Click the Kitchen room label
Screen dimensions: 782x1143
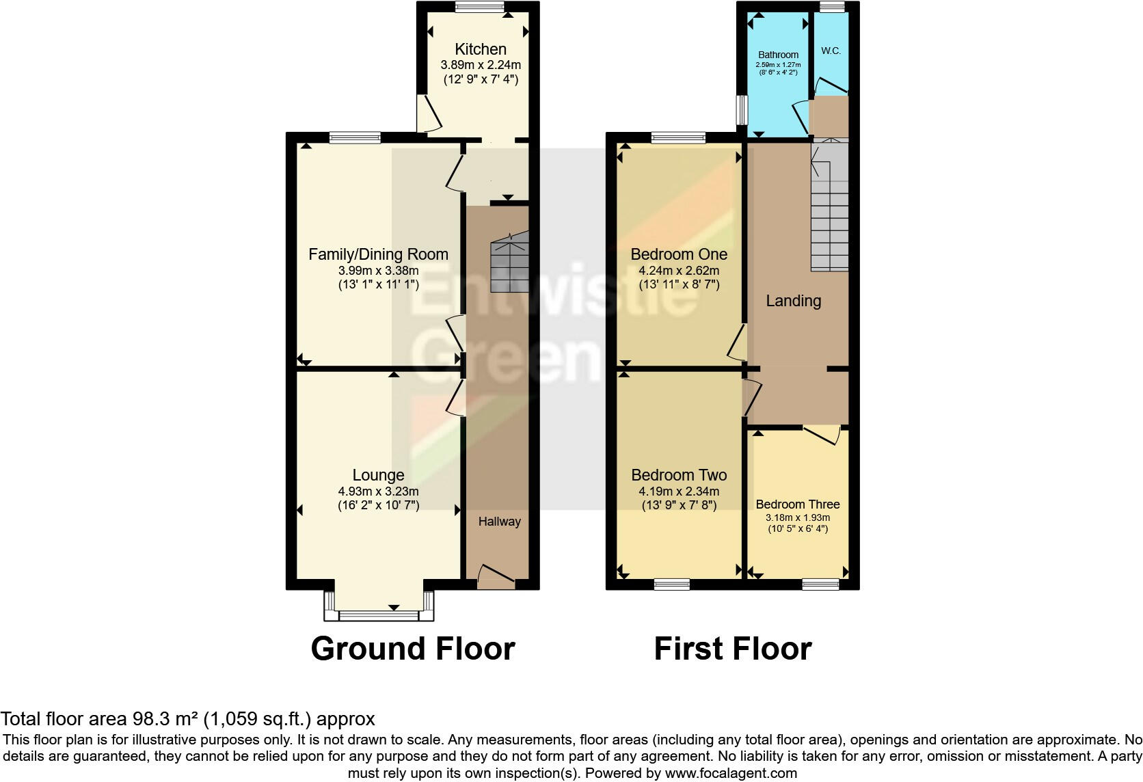(481, 49)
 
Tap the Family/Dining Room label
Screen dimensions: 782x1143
(378, 254)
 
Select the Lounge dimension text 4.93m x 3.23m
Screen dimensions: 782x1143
(378, 491)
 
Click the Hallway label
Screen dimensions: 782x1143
(499, 522)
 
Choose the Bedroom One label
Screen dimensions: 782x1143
(679, 254)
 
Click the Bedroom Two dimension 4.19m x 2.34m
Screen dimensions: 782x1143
(679, 491)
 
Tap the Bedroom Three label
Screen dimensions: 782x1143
(798, 504)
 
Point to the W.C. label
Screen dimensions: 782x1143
(831, 51)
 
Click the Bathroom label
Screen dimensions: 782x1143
(778, 55)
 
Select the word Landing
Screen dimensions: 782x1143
(793, 301)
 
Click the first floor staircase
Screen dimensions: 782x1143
(830, 212)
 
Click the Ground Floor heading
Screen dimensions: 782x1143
(412, 648)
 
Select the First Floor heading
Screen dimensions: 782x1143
(732, 648)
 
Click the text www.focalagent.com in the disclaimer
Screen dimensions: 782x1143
(731, 773)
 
